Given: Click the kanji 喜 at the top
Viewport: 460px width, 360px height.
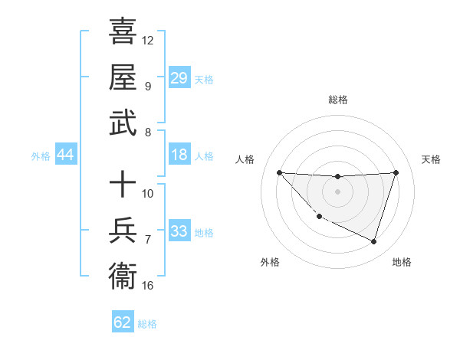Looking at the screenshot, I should click(x=123, y=33).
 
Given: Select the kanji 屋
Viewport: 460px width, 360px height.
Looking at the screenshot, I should click(x=123, y=77).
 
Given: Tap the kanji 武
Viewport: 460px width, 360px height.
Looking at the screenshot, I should click(x=123, y=123).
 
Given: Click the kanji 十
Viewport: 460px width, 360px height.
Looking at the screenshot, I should click(x=123, y=185).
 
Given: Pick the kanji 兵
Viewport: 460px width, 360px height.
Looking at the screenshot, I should click(x=123, y=231).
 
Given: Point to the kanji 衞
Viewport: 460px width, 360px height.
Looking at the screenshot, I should click(x=123, y=276).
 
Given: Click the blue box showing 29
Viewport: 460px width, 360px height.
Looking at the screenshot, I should click(x=179, y=78).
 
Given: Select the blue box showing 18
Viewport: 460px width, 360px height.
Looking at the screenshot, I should click(x=179, y=155).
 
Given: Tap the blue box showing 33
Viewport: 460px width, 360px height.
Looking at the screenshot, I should click(x=179, y=232).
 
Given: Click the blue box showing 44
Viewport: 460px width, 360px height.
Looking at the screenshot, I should click(x=66, y=155).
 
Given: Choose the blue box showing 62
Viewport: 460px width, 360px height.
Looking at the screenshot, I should click(x=123, y=322).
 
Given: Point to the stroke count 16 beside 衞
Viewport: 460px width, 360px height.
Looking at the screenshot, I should click(x=148, y=286).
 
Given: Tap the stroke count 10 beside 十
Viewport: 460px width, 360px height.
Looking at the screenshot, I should click(x=148, y=194).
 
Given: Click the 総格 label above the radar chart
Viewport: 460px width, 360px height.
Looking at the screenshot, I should click(x=337, y=100).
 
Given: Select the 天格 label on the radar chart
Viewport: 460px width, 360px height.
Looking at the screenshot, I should click(x=432, y=159).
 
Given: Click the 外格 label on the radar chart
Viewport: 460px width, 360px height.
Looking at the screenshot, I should click(x=270, y=262).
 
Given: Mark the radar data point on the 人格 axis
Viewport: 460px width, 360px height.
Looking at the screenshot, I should click(x=279, y=172).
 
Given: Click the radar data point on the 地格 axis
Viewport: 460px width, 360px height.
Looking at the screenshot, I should click(x=373, y=241).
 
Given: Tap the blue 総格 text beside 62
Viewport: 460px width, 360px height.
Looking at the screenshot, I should click(x=147, y=324).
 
